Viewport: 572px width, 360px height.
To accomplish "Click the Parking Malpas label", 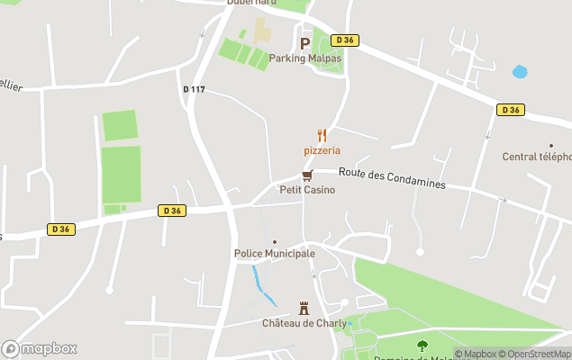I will click(x=305, y=58).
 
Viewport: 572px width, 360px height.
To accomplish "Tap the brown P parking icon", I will click(x=304, y=42).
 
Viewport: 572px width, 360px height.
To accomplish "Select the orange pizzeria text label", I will click(x=322, y=150).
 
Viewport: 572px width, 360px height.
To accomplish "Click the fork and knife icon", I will click(x=322, y=135).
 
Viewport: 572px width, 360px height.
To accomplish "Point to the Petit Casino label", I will click(x=307, y=190).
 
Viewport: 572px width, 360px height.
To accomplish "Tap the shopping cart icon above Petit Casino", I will click(x=307, y=175).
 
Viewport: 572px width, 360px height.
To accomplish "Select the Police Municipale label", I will click(x=275, y=254).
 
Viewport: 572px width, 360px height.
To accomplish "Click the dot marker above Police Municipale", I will click(x=275, y=241).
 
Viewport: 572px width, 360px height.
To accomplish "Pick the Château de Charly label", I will click(x=303, y=323).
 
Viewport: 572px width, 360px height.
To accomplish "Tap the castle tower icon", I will click(x=304, y=308).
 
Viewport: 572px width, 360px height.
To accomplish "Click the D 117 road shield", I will click(x=194, y=89).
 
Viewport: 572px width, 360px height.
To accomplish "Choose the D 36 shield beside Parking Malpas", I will click(x=344, y=40).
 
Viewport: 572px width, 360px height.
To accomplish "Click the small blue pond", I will click(x=520, y=71).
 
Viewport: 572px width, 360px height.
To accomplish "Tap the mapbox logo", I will click(x=39, y=348).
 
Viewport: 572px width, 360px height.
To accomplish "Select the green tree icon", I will click(x=422, y=345).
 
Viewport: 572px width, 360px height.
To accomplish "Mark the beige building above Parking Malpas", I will click(x=261, y=31).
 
